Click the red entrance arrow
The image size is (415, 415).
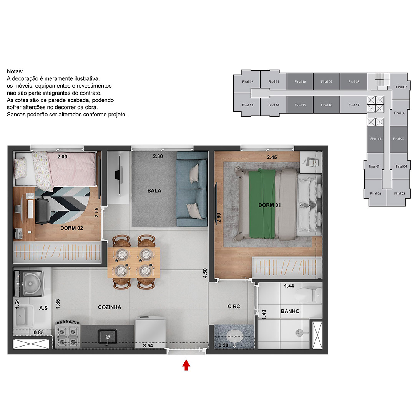tap(186, 365)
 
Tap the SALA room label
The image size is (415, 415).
tap(154, 191)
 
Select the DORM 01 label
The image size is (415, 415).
tap(269, 205)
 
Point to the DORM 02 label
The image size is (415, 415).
tap(71, 228)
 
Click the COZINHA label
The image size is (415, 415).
tap(110, 307)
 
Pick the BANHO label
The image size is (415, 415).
tap(290, 311)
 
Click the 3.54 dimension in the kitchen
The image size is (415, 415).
tap(148, 345)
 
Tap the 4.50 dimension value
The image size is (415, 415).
tap(205, 273)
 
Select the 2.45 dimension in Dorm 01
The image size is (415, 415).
tap(272, 157)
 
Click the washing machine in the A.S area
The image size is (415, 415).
tap(29, 284)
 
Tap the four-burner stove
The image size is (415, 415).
tap(68, 334)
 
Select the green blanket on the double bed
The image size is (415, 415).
tap(262, 203)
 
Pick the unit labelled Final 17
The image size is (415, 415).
tap(354, 105)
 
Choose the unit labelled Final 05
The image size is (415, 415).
tap(398, 139)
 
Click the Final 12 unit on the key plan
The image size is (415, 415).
tap(247, 82)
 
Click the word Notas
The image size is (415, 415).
tap(15, 71)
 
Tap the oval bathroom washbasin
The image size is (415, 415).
tap(234, 336)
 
